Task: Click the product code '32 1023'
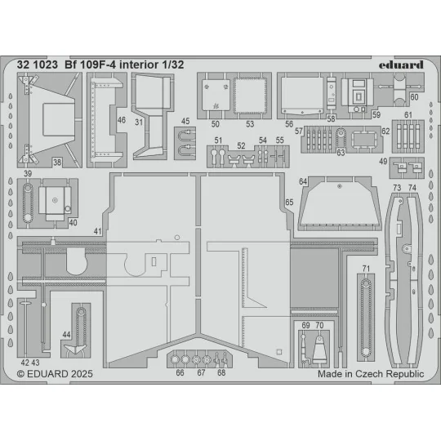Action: click(x=39, y=58)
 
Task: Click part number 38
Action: click(x=57, y=162)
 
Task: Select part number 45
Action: click(x=186, y=122)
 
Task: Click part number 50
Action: click(x=216, y=124)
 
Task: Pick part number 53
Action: click(x=250, y=124)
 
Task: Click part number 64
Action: click(x=303, y=180)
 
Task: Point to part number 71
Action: click(x=367, y=269)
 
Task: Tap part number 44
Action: click(x=66, y=334)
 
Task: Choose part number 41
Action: click(x=98, y=232)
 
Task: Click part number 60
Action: click(x=414, y=96)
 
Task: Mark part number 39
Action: click(x=28, y=175)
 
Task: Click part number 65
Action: click(x=289, y=202)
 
